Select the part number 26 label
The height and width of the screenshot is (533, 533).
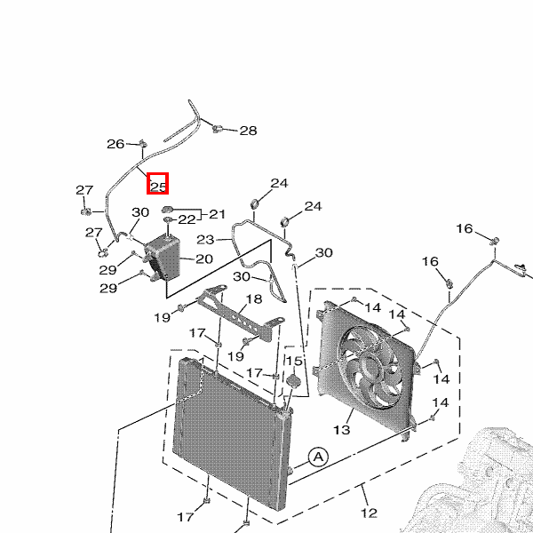point(116,144)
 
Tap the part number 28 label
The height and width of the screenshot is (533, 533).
point(248,131)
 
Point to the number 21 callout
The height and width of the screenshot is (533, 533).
point(218,214)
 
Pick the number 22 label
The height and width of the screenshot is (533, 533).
point(187,219)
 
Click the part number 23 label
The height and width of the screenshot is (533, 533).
point(205,240)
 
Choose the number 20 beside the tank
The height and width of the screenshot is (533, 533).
point(204,259)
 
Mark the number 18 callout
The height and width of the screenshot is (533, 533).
point(254,299)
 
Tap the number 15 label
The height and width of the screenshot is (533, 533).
point(293,362)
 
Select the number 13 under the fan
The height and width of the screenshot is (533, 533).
point(341,430)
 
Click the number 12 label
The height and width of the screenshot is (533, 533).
point(369,513)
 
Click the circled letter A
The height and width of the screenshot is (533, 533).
point(318,457)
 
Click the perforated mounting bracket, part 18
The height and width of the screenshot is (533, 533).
point(232,316)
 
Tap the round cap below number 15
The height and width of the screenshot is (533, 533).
point(291,380)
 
